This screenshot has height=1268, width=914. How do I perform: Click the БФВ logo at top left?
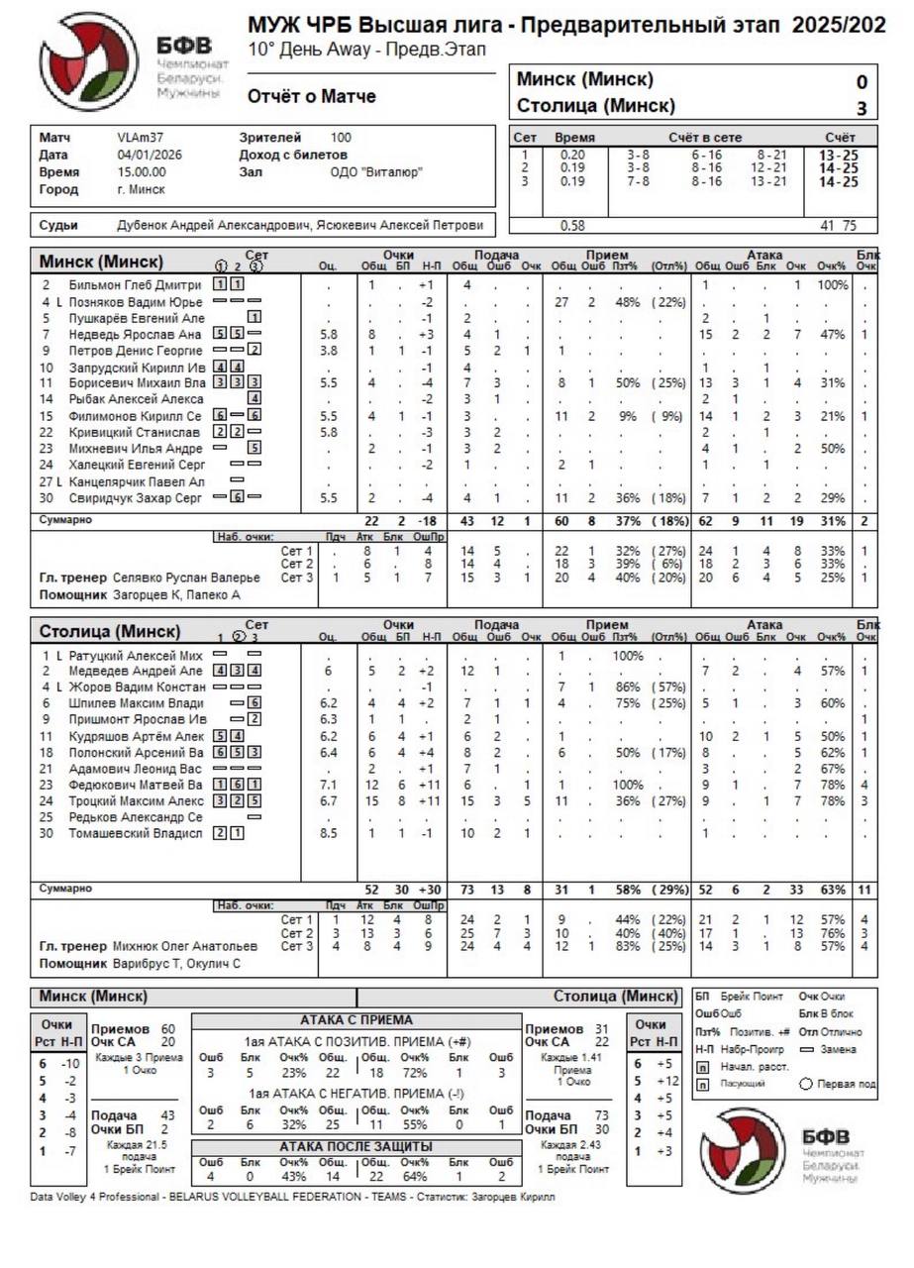tap(89, 61)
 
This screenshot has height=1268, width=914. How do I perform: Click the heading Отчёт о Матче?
tap(311, 97)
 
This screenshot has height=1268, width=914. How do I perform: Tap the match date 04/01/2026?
tap(150, 155)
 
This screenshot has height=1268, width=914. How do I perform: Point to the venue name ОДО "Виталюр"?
tap(376, 172)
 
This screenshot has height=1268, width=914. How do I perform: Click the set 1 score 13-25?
tap(838, 155)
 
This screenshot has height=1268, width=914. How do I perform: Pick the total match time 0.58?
tap(572, 226)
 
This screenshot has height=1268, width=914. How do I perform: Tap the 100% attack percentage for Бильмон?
tap(833, 285)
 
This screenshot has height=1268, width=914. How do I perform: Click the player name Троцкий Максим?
tap(137, 800)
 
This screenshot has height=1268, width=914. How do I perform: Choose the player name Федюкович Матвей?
tap(137, 785)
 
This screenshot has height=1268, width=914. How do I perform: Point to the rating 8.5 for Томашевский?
tap(328, 833)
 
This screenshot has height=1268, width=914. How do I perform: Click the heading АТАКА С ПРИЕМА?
tap(355, 1020)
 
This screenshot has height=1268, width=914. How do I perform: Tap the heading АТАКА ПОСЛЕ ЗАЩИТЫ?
tap(355, 1147)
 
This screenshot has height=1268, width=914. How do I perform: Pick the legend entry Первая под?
tap(847, 1084)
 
